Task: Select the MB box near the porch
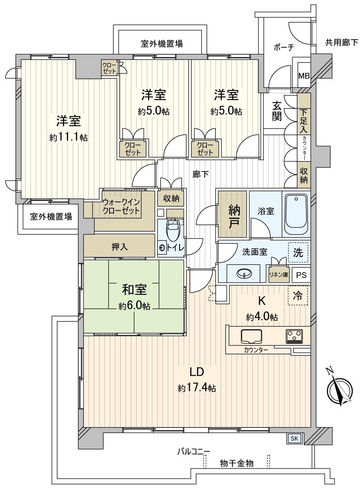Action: [304, 76]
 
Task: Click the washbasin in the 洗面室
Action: [243, 273]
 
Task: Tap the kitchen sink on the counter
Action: [252, 336]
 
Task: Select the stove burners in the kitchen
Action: [294, 336]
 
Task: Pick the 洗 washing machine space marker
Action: [298, 253]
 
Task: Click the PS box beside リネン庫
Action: [301, 275]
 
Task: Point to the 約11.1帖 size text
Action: [68, 138]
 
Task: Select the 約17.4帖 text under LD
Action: [197, 388]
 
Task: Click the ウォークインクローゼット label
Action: [121, 207]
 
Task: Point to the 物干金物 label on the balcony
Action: [237, 463]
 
